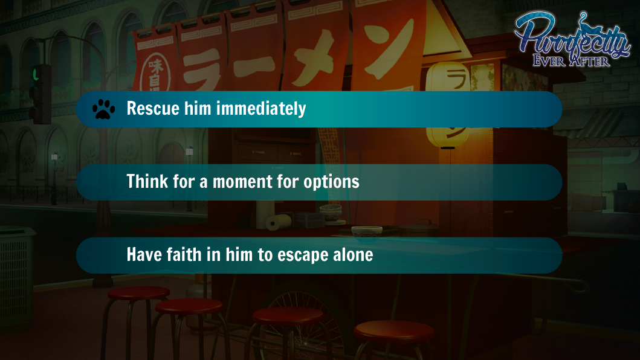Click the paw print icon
104,109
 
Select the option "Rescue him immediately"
319,109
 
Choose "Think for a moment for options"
319,182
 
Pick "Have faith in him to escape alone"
319,255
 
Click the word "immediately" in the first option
261,109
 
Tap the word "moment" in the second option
242,182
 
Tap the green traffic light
36,75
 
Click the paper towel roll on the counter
279,222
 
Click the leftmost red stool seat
139,293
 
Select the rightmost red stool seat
394,331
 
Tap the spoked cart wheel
304,318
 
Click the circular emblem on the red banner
155,74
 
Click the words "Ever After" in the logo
571,61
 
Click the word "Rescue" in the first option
153,109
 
